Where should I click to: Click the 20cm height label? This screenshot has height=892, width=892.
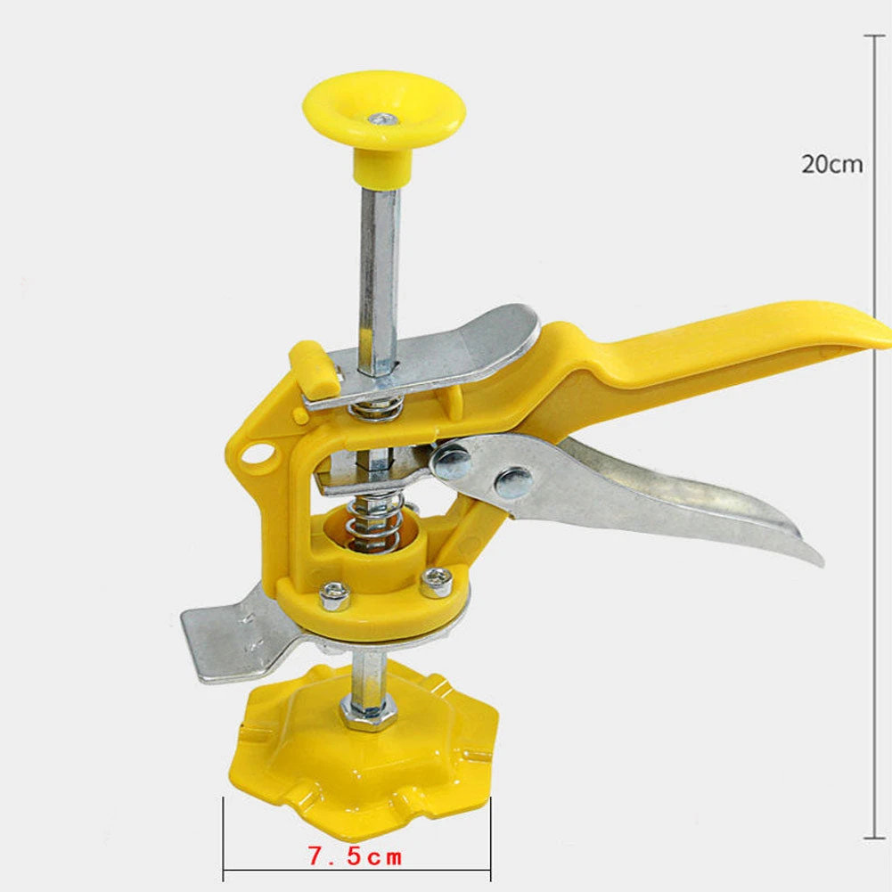pos(831,164)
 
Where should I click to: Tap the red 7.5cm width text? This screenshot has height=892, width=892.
pos(355,857)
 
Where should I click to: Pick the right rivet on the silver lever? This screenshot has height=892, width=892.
pos(514,482)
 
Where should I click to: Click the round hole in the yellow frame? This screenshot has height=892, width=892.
pos(258,455)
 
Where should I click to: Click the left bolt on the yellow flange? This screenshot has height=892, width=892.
pos(333,593)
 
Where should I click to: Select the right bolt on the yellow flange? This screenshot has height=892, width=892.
pos(435,582)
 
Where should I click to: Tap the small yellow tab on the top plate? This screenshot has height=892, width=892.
pos(313,364)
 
